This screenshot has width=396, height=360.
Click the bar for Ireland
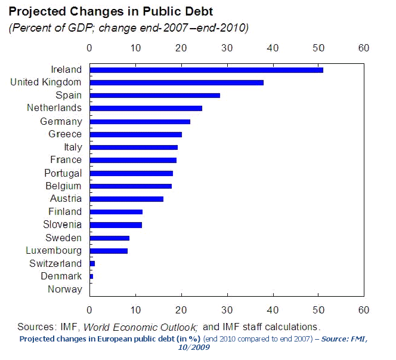pyautogui.click(x=206, y=70)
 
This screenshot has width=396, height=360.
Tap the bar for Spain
pyautogui.click(x=154, y=96)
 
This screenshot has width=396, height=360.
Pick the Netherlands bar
pyautogui.click(x=146, y=108)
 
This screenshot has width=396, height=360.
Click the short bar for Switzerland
pyautogui.click(x=92, y=263)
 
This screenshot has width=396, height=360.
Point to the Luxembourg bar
pyautogui.click(x=109, y=251)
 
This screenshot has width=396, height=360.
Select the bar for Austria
pyautogui.click(x=126, y=199)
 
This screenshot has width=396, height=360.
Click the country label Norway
pyautogui.click(x=64, y=290)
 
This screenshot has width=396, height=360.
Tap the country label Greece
pyautogui.click(x=65, y=134)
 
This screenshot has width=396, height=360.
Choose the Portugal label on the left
pyautogui.click(x=63, y=173)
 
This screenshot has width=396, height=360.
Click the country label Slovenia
pyautogui.click(x=63, y=225)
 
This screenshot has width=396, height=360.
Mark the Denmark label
pyautogui.click(x=61, y=276)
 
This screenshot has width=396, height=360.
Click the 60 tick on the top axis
pyautogui.click(x=364, y=48)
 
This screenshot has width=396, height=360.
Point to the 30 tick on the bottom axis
pyautogui.click(x=227, y=310)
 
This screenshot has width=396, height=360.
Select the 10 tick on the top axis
pyautogui.click(x=135, y=48)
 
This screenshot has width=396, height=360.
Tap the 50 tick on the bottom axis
pyautogui.click(x=318, y=310)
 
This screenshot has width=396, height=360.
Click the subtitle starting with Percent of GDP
pyautogui.click(x=128, y=28)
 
